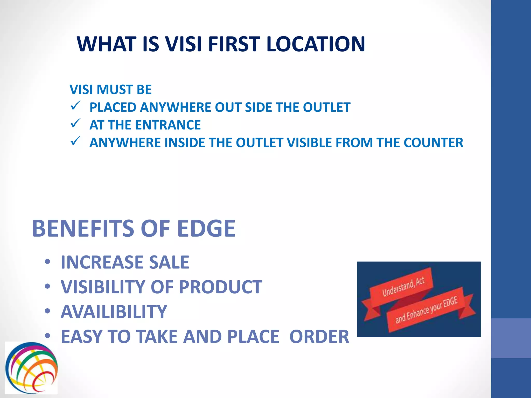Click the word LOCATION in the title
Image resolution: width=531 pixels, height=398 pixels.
(x=316, y=44)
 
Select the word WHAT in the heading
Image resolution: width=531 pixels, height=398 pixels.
(x=107, y=44)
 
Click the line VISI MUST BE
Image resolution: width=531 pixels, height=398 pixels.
(x=110, y=90)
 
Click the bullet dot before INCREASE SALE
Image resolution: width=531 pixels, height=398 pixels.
(x=47, y=262)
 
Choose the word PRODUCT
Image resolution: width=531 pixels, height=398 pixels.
(x=220, y=287)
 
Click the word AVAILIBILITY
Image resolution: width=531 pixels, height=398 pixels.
(x=114, y=312)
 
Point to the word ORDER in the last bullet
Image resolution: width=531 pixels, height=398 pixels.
(x=319, y=337)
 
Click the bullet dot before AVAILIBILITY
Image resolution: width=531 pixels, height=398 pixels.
(x=47, y=311)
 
